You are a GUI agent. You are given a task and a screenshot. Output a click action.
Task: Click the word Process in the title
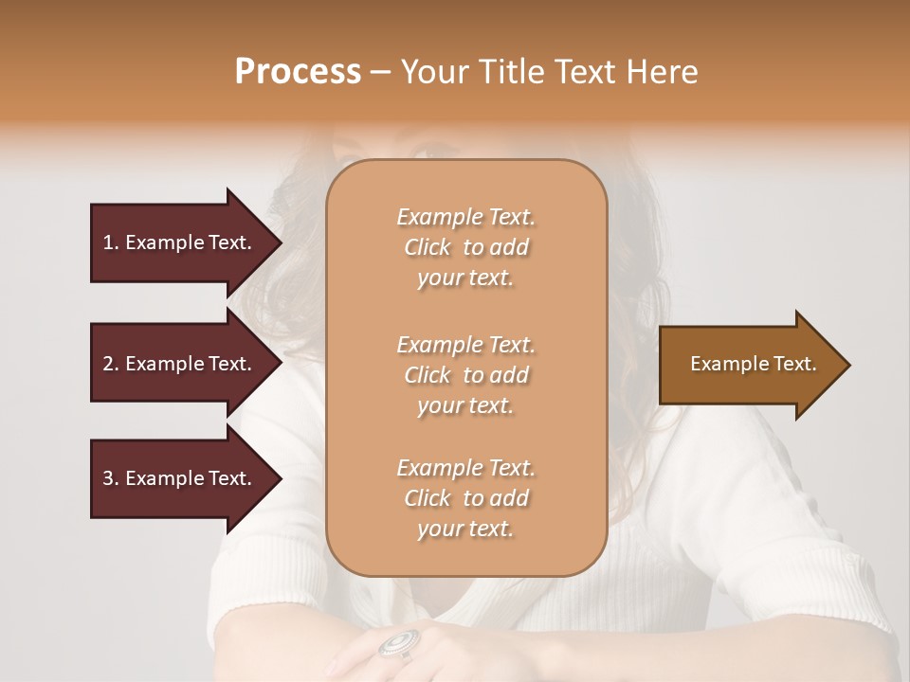point(298,71)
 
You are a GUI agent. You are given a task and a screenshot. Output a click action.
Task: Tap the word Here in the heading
point(664,71)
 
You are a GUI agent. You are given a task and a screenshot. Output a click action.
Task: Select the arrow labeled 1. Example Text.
point(180,242)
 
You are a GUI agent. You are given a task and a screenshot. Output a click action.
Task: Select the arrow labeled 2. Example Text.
point(180,364)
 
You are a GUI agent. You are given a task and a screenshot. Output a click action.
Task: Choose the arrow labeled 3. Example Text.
point(180,478)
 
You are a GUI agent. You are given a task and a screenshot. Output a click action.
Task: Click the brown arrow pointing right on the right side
point(749,365)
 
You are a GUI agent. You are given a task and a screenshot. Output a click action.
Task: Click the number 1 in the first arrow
point(108,242)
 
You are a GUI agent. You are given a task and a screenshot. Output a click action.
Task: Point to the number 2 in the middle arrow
point(108,364)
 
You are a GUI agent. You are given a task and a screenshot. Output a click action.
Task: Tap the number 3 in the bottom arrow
point(108,478)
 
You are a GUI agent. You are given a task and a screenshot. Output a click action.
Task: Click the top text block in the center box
point(465,247)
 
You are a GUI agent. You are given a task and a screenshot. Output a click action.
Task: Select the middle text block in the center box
point(465,375)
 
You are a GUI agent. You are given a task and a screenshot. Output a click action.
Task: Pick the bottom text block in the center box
point(465,498)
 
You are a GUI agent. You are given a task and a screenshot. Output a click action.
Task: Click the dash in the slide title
point(380,73)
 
